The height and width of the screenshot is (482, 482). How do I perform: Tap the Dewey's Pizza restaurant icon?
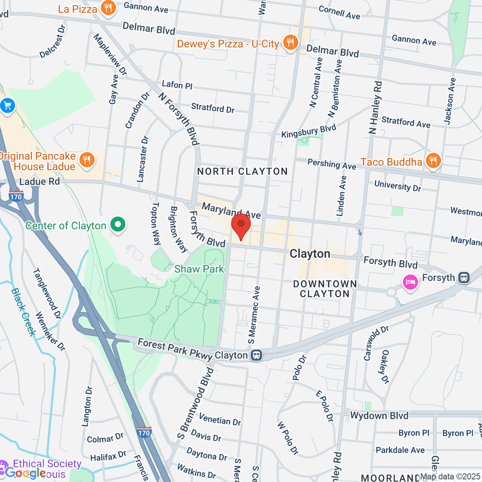(x=290, y=43)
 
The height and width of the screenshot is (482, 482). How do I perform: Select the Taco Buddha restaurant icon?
(x=433, y=161)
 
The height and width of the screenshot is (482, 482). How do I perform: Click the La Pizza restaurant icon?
(x=108, y=8)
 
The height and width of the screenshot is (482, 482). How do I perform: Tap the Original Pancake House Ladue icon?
(x=86, y=160)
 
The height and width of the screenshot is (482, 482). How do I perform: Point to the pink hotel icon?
(x=410, y=282)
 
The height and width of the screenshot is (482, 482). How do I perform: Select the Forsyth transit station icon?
(x=464, y=278)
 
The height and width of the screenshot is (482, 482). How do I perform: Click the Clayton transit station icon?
(x=256, y=355)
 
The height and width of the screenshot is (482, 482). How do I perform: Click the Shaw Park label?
(x=199, y=269)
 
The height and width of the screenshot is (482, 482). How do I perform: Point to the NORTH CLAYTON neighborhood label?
(x=242, y=172)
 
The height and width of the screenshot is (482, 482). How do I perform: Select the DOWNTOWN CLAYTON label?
(x=325, y=289)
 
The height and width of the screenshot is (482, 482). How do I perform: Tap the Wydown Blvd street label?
(x=379, y=415)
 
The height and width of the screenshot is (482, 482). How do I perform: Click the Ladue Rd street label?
(x=39, y=182)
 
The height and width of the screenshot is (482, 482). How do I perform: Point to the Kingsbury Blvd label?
(x=308, y=131)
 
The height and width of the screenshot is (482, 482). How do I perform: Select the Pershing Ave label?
(x=332, y=164)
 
